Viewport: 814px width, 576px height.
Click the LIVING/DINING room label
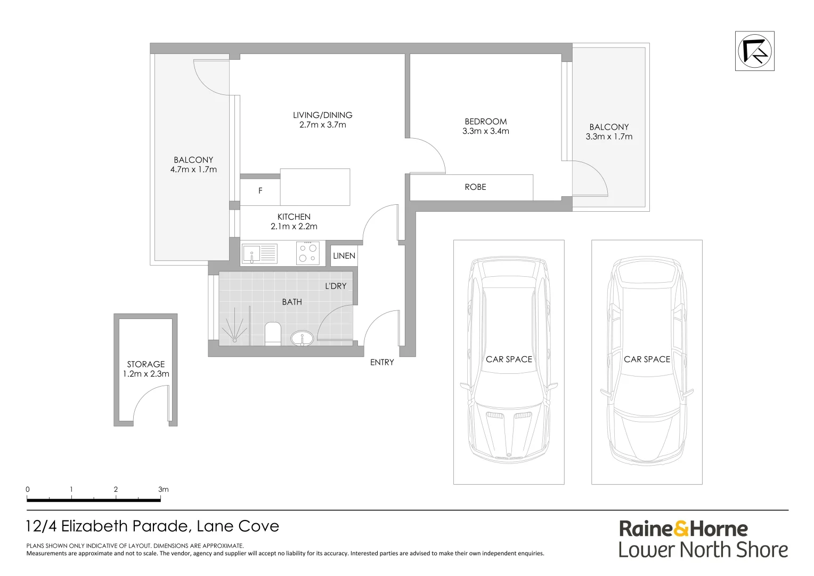[322, 115]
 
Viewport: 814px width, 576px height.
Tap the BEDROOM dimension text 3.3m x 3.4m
[485, 131]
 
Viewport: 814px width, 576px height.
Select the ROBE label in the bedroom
[475, 187]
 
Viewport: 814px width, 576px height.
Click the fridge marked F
[260, 190]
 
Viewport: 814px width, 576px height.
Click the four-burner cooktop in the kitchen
[307, 253]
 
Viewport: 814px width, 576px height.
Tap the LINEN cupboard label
[344, 256]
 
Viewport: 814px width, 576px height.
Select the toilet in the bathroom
[272, 333]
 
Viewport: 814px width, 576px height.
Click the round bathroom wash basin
[302, 338]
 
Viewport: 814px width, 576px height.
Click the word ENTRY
[382, 363]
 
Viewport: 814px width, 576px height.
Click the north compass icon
[754, 51]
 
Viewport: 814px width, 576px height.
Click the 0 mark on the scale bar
[28, 490]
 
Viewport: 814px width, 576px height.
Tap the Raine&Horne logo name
[683, 529]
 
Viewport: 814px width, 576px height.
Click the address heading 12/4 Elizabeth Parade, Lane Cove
[152, 526]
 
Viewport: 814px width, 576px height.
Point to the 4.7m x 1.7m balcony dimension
[193, 170]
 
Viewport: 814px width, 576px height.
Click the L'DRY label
[336, 286]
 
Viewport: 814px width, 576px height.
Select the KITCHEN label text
[294, 217]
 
